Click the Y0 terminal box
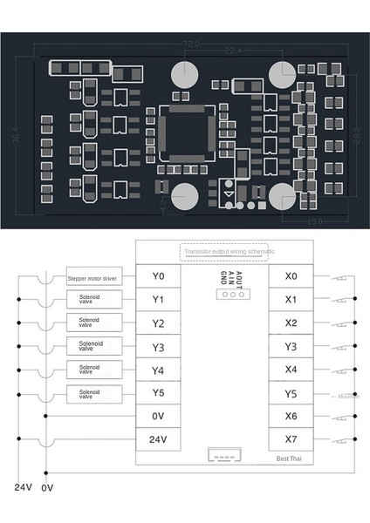[158, 277]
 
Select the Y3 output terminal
[158, 347]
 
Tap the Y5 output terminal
[158, 393]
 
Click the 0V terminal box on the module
[158, 417]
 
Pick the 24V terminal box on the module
[158, 439]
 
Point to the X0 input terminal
[291, 277]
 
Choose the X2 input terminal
[291, 323]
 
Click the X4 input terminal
[291, 370]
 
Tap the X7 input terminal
[291, 439]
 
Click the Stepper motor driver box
[91, 280]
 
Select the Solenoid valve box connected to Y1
[91, 300]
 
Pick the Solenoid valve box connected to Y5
[91, 393]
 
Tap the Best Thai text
[290, 458]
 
